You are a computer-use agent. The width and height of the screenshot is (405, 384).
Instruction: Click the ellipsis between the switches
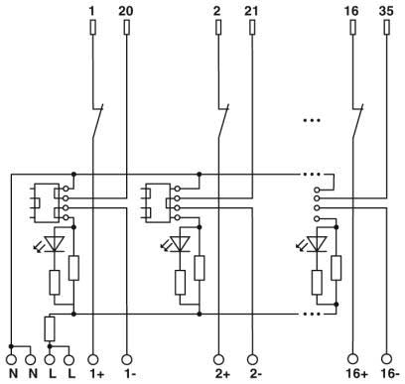point(312,121)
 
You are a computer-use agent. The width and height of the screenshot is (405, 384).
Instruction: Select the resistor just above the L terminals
point(49,326)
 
